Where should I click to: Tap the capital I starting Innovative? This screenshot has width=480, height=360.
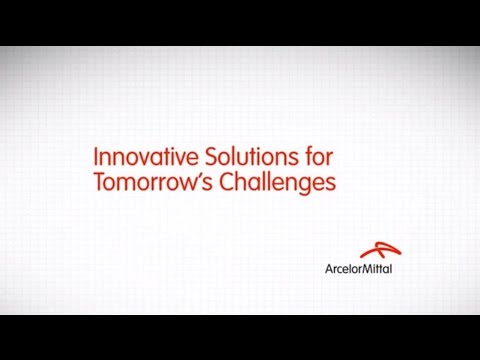94,158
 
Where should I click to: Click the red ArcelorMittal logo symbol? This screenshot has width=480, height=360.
375,250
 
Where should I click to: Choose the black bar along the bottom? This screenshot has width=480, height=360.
240,337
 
